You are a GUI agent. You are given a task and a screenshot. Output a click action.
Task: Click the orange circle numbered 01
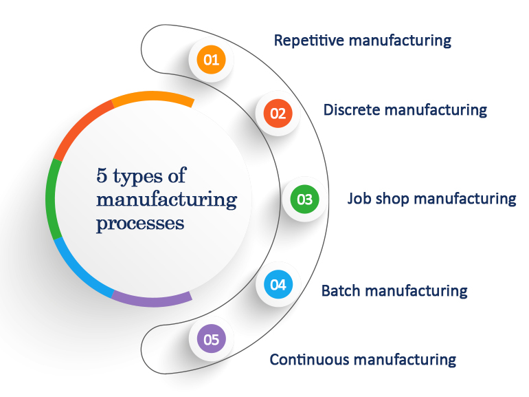(x=211, y=60)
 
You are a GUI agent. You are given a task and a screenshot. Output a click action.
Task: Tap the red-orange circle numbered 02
(x=278, y=114)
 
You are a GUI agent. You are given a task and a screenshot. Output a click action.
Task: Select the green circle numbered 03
(x=304, y=200)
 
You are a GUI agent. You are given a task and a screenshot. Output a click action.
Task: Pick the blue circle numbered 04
(x=278, y=284)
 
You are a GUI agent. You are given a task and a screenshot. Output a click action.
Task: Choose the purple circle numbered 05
(x=211, y=339)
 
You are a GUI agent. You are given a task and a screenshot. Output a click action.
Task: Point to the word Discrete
(x=349, y=109)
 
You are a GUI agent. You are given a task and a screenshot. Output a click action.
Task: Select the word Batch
(x=341, y=290)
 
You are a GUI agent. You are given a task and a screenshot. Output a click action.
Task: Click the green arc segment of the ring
(x=51, y=200)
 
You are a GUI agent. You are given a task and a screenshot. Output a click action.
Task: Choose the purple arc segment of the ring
(x=151, y=299)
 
